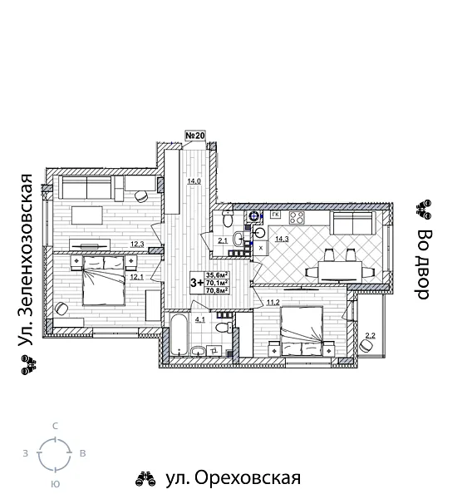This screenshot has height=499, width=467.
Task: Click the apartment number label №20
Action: coord(194,136)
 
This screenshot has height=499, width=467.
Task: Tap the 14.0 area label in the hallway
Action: coord(193,180)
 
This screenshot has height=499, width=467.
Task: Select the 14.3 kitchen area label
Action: coord(282,240)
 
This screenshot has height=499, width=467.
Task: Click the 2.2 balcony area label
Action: coord(371,336)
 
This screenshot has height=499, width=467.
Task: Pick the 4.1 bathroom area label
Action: coord(200,318)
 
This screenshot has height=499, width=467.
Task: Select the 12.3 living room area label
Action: coord(137,244)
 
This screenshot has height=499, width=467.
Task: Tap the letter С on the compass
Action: coord(55,426)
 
